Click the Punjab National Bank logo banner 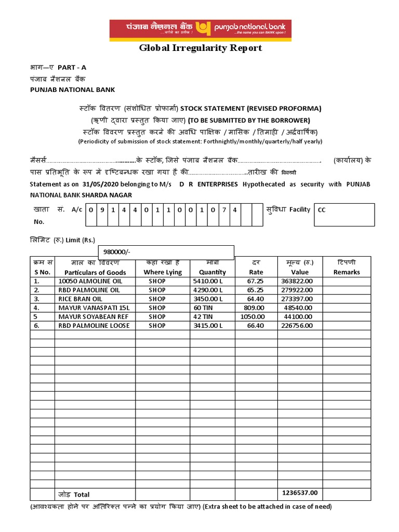coord(200,30)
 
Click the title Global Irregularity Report coord(201,48)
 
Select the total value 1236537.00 coord(300,493)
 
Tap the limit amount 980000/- coord(117,252)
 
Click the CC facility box coord(344,215)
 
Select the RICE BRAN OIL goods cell coord(81,299)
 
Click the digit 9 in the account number coord(102,210)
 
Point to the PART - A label coord(72,68)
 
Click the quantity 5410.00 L coord(208,281)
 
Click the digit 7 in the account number coord(224,210)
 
